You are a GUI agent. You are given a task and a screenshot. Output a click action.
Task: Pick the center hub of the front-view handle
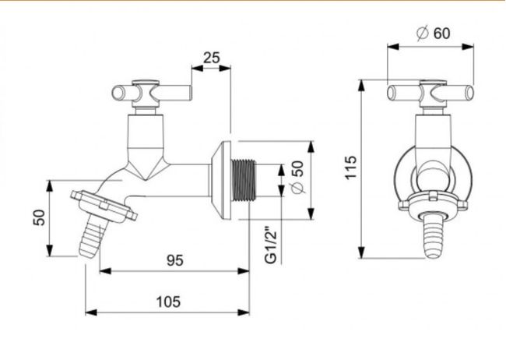(x=431, y=94)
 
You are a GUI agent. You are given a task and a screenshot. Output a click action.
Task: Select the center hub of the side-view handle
(x=144, y=94)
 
